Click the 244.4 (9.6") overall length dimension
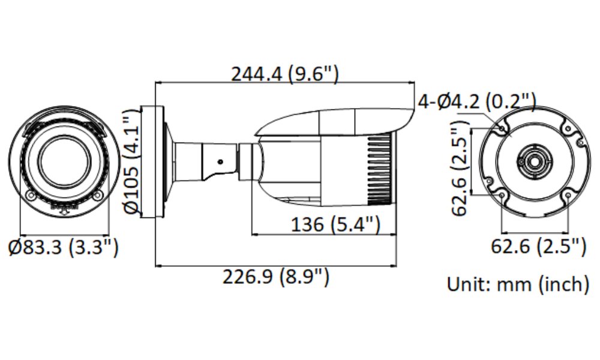[286, 74]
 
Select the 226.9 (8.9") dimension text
[277, 277]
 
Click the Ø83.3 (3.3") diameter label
[64, 247]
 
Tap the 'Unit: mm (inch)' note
[518, 283]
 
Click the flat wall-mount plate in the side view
[152, 162]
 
